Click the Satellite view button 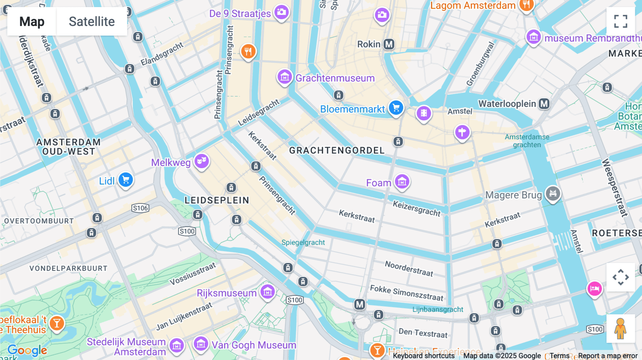coord(92,22)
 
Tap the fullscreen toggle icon coord(621,21)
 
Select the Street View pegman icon coord(620,329)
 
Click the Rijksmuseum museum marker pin coord(267,292)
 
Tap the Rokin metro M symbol coord(389,44)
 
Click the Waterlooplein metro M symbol coord(544,104)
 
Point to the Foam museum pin coord(402,182)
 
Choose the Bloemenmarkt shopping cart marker coord(396,108)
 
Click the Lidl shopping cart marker coord(126,180)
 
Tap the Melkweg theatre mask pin coord(202,161)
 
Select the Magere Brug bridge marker coord(553,194)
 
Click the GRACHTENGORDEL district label coord(337,150)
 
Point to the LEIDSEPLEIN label coord(217,200)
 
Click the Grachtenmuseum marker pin coord(285,77)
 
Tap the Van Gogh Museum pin coord(201,344)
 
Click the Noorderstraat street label coord(409,268)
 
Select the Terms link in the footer coord(559,356)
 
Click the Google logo coord(27,350)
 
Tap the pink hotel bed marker coord(595,288)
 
